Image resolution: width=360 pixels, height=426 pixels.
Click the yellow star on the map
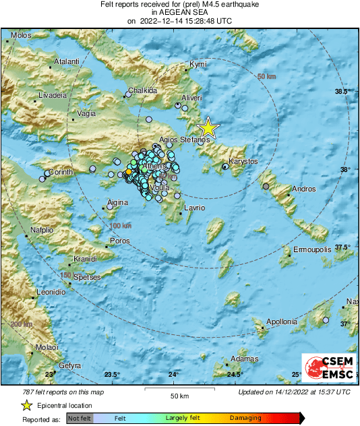[x=208, y=127]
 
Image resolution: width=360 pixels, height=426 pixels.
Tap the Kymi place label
[x=197, y=64]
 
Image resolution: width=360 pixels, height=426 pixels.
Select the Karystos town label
[x=243, y=162]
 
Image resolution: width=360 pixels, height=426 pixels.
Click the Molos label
[x=21, y=35]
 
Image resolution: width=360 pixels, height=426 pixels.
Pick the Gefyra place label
[x=70, y=365]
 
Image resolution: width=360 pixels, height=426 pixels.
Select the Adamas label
[x=244, y=359]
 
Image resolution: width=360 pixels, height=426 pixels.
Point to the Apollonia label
[x=282, y=322]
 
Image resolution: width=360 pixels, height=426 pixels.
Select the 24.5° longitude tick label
[x=235, y=375]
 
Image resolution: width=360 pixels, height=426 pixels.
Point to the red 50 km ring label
[x=267, y=78]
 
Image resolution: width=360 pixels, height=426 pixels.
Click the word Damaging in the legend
[x=245, y=418]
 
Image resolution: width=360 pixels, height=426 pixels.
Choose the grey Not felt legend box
[x=80, y=419]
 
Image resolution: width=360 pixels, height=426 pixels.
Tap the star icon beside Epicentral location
[x=26, y=406]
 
